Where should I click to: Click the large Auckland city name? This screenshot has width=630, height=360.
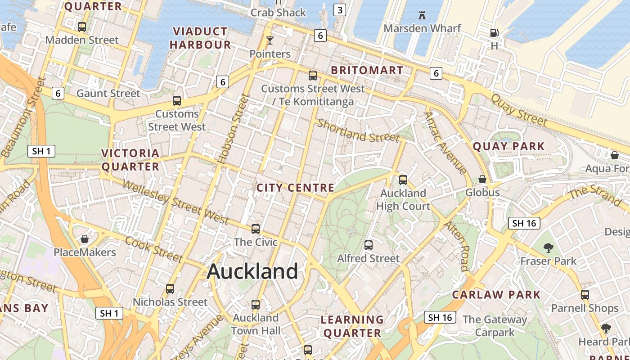click(252, 271)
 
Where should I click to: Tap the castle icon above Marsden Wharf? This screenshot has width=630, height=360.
click(422, 15)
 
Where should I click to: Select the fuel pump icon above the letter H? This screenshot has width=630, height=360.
click(494, 33)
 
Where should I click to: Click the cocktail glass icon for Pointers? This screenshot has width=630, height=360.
click(270, 40)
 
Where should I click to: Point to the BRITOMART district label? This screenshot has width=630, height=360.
click(367, 71)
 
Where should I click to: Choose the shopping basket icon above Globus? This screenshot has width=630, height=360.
click(482, 179)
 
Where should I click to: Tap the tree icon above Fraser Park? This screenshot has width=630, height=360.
click(548, 247)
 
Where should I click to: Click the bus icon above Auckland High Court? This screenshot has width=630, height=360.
click(403, 180)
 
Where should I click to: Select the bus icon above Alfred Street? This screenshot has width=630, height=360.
click(369, 245)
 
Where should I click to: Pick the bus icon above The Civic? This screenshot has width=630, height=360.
click(256, 229)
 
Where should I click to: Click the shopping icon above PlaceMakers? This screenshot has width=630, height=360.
click(85, 239)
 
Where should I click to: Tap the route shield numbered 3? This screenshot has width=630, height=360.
click(340, 10)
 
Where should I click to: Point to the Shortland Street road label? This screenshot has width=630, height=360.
click(358, 130)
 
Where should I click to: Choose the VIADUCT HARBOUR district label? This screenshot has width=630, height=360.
click(200, 38)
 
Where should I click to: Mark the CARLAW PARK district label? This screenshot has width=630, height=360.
click(496, 295)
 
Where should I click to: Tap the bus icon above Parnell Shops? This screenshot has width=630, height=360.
click(585, 295)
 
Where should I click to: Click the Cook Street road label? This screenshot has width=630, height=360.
click(154, 249)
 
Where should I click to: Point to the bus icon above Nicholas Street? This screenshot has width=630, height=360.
click(170, 289)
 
